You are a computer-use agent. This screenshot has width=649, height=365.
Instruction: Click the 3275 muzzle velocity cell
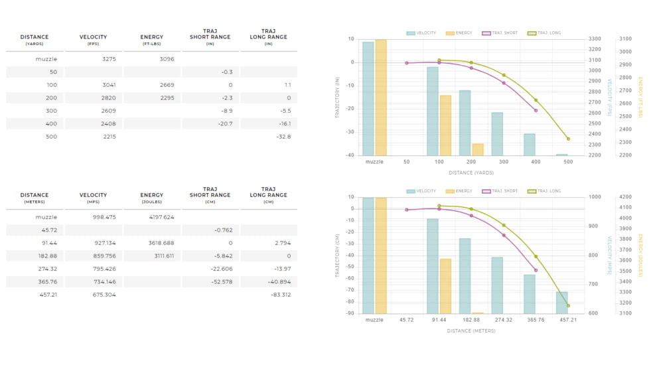[x=109, y=59]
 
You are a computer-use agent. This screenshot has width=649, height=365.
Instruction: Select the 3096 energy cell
[x=167, y=59]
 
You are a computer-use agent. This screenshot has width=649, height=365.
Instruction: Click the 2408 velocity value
[x=109, y=123]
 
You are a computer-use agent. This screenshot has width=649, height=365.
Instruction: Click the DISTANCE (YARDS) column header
[x=35, y=40]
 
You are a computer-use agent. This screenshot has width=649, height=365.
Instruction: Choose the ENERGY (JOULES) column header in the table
[x=152, y=198]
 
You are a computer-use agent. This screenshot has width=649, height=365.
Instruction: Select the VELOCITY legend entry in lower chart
[x=421, y=191]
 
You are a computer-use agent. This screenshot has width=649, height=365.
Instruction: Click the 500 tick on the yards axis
[x=568, y=161]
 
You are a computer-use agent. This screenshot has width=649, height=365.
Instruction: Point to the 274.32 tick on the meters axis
[x=504, y=319]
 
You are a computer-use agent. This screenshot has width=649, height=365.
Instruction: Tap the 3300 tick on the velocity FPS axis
[x=595, y=38]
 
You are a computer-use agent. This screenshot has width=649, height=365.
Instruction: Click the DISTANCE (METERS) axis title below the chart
[x=470, y=330]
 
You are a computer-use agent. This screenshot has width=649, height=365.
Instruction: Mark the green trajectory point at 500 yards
[x=568, y=139]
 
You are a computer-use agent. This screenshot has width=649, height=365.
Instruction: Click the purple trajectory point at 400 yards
[x=536, y=110]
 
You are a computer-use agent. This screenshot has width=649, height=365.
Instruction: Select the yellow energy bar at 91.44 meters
[x=445, y=286]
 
